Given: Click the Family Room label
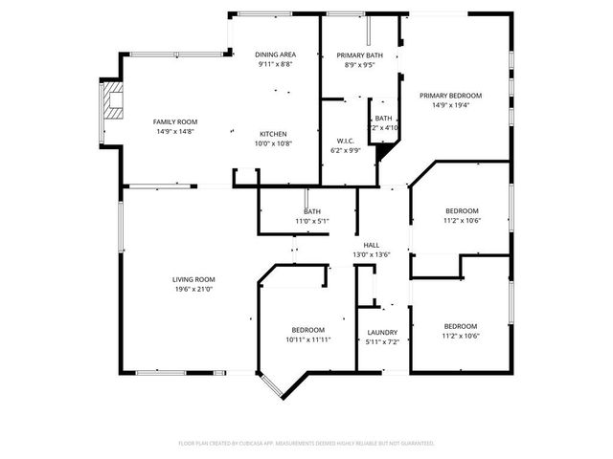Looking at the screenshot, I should point(175,121).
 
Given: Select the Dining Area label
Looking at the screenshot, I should point(276,55).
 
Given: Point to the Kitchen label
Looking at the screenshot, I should point(274,133).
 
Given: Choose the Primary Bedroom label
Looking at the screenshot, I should point(450,96).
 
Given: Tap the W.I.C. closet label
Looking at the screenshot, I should point(345,140).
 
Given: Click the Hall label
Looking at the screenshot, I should point(371,245).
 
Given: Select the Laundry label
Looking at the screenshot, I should point(382,332).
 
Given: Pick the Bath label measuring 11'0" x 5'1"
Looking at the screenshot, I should point(312,211).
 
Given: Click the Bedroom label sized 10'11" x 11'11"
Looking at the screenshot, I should point(307,330).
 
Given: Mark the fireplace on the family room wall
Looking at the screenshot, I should point(112,101).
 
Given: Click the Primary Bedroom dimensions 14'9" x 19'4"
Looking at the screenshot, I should point(450,105).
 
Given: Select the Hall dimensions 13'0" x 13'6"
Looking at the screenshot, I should point(371,254).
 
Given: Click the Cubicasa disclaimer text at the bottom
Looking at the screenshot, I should point(306,443).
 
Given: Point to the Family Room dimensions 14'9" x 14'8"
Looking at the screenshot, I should point(175,131).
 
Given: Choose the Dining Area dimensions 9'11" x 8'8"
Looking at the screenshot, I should point(276,65).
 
